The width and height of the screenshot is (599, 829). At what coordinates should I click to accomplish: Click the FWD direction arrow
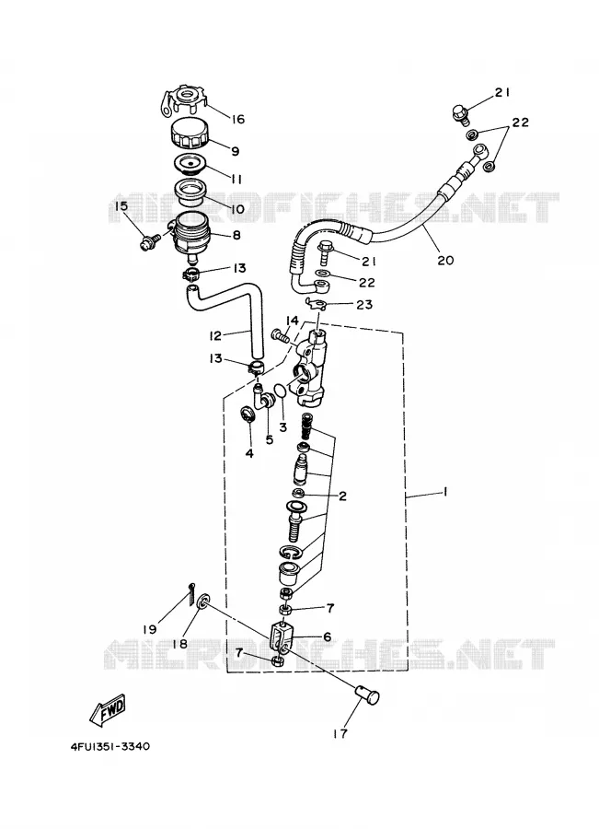click(x=109, y=709)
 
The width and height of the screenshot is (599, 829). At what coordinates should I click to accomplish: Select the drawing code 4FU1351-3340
click(x=110, y=747)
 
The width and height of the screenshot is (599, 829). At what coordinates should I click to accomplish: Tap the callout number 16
click(x=238, y=119)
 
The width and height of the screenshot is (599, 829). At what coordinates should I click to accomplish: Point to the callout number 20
click(x=446, y=260)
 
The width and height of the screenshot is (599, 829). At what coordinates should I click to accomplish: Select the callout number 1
click(x=444, y=492)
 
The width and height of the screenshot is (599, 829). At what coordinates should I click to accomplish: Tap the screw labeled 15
click(x=146, y=242)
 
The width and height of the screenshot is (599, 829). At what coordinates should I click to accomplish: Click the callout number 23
click(x=364, y=305)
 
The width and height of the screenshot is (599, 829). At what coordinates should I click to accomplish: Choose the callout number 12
click(x=215, y=335)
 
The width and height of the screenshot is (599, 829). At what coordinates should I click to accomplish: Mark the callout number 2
click(x=343, y=496)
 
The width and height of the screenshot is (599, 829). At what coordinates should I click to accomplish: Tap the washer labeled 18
click(x=202, y=603)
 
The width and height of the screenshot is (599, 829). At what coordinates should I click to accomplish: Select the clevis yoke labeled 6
click(x=282, y=636)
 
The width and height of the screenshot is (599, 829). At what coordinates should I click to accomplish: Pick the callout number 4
click(x=249, y=453)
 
